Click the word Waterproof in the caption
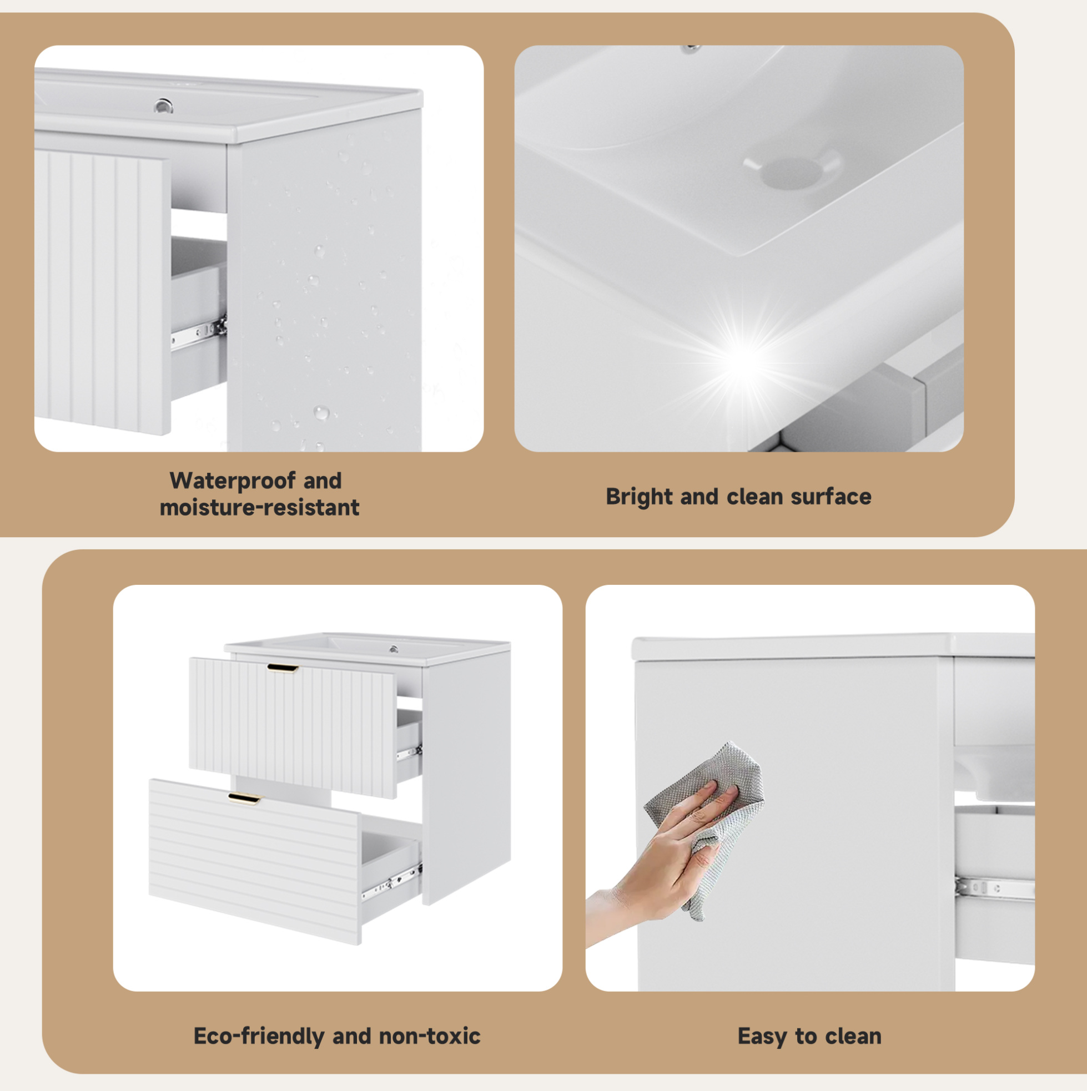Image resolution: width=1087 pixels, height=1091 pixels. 232,481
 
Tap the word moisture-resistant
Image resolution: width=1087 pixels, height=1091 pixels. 259,508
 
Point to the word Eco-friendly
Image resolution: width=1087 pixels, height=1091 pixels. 259,1036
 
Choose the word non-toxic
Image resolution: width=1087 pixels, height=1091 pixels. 429,1036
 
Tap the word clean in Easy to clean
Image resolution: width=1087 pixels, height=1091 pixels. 853,1037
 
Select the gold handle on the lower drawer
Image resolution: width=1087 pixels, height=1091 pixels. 245,798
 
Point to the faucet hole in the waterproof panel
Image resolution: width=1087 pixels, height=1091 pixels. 164,105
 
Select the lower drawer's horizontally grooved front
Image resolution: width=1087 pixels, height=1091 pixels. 255,861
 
